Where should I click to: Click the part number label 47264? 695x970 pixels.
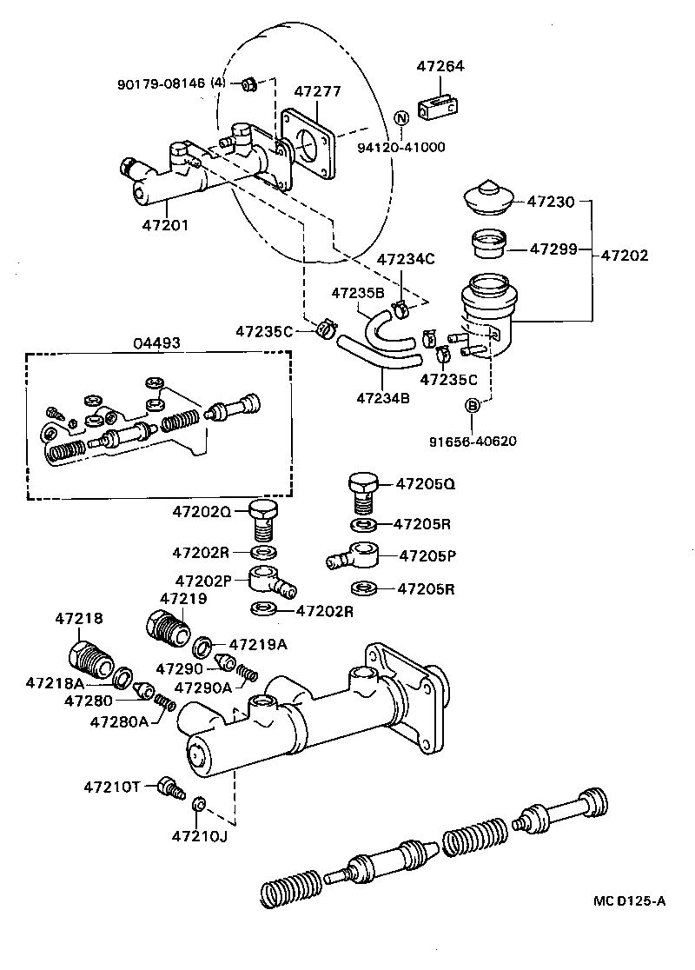coord(441,65)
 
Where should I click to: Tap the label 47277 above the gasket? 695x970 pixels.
coord(317,91)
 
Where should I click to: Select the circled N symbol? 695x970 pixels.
coord(401,119)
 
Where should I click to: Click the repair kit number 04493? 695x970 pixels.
coord(156,342)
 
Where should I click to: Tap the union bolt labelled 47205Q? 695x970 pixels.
coord(362,491)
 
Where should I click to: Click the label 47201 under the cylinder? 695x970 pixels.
coord(165,225)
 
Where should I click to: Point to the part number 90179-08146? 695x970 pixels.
coord(162,83)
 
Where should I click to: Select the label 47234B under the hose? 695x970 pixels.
coord(382,399)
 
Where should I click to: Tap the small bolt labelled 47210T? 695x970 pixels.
coord(169,788)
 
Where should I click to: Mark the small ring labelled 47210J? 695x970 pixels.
coord(197,802)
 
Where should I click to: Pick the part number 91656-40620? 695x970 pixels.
coord(473,441)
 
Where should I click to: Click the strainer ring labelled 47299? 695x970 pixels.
coord(487,243)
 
